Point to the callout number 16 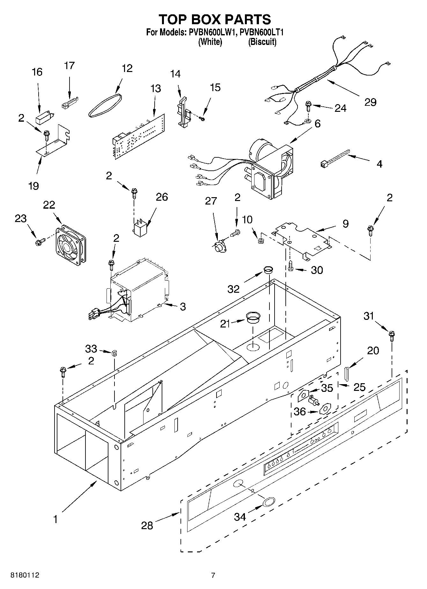click(37, 72)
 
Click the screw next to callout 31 click(392, 336)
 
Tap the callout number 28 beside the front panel click(147, 526)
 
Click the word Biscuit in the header click(262, 42)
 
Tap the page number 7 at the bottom click(213, 575)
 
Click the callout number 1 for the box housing click(55, 520)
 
